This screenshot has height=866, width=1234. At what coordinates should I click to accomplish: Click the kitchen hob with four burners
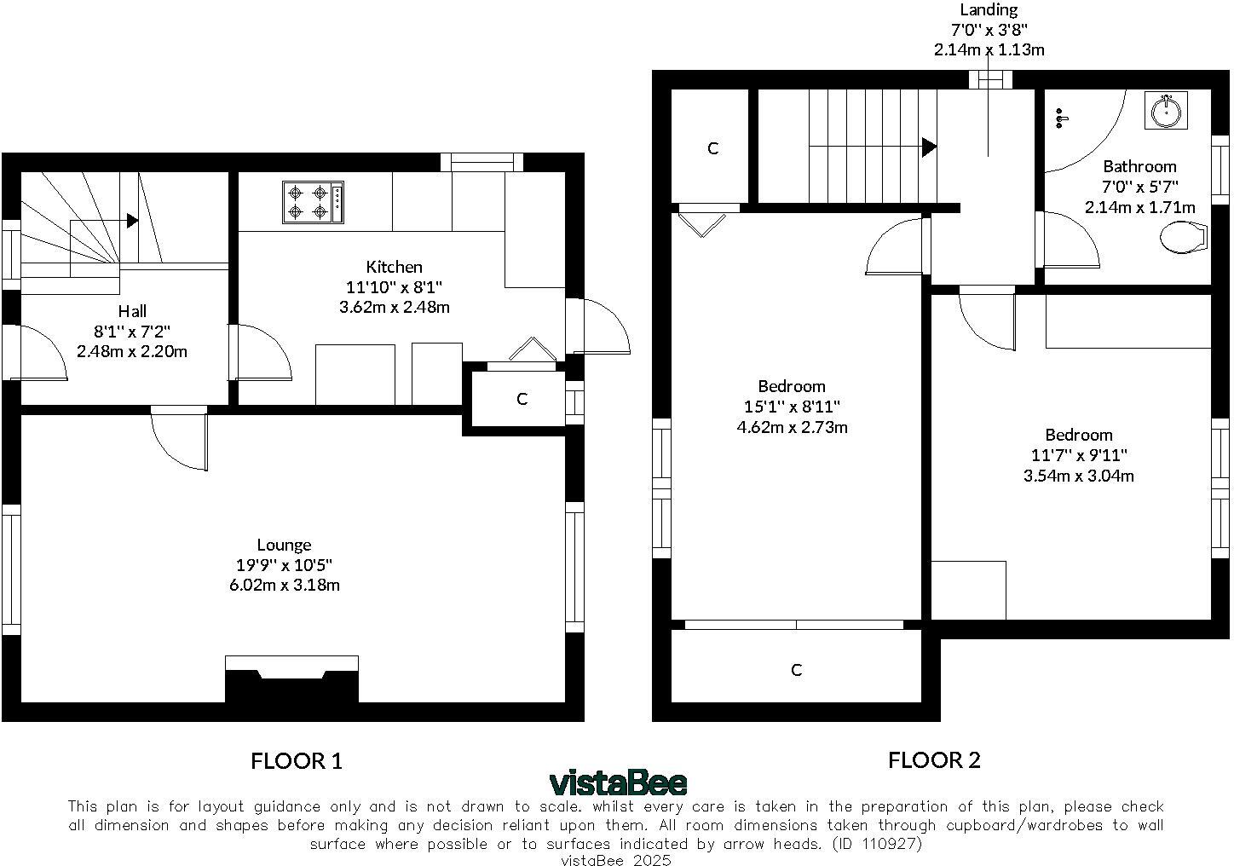click(313, 202)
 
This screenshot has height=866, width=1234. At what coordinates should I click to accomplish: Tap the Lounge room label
click(284, 545)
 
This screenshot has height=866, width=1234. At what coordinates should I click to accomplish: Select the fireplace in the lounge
click(291, 679)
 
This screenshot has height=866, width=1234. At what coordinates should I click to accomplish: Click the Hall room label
click(132, 311)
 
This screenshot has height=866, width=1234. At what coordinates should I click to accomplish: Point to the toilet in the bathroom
click(1185, 238)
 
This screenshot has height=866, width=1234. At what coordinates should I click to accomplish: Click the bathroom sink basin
click(1165, 110)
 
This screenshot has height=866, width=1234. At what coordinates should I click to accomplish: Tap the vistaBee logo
click(618, 782)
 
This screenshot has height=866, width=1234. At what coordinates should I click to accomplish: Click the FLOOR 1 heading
click(296, 761)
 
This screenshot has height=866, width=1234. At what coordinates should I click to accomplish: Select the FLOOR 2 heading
click(934, 760)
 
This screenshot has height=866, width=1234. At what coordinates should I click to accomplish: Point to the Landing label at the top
click(989, 10)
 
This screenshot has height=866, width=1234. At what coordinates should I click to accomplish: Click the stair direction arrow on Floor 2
click(930, 147)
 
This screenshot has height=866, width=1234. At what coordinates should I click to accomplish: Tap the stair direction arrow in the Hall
click(132, 221)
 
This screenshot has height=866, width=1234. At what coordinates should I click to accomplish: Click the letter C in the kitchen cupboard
click(522, 399)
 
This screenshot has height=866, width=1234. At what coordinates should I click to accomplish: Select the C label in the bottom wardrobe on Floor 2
click(796, 670)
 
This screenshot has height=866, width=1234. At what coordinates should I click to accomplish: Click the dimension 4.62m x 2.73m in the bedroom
click(792, 427)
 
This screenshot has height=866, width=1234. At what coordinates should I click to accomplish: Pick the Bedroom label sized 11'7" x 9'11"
click(1078, 435)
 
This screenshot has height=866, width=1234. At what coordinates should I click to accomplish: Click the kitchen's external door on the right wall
click(601, 326)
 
